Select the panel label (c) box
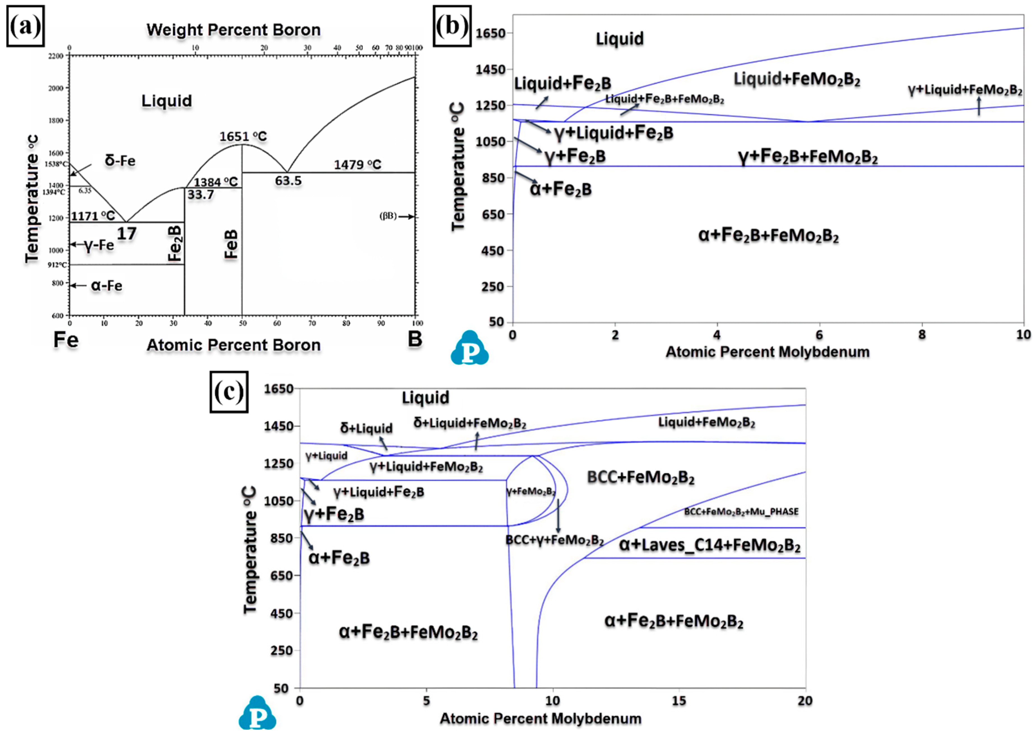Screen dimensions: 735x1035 click(x=229, y=392)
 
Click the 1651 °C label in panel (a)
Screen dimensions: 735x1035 click(x=243, y=136)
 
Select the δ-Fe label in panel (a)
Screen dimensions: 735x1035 click(x=120, y=161)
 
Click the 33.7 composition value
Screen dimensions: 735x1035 click(x=200, y=195)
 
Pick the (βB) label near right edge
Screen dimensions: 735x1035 click(x=388, y=216)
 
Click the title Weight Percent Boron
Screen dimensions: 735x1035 click(x=233, y=30)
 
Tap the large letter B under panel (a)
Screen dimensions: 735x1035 click(x=415, y=339)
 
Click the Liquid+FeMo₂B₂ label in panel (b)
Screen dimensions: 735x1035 click(x=796, y=80)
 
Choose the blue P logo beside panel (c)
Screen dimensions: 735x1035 click(x=257, y=714)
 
